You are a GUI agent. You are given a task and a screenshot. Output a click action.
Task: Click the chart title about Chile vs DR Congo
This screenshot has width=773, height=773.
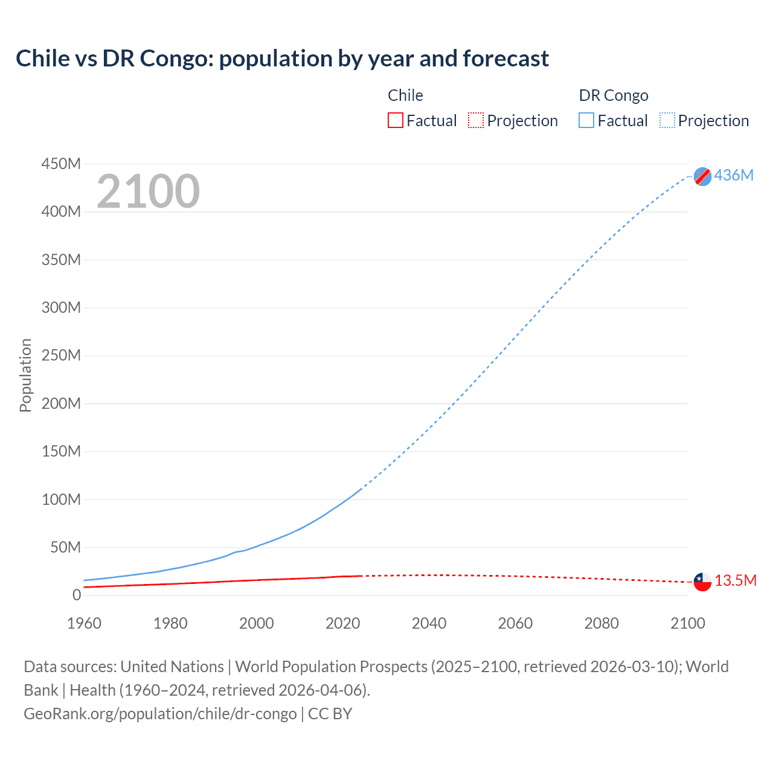pyautogui.click(x=282, y=59)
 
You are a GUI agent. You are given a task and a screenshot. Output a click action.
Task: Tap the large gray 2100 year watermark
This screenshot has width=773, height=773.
pyautogui.click(x=148, y=191)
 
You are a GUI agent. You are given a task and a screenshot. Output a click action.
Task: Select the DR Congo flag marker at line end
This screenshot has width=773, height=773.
pyautogui.click(x=702, y=176)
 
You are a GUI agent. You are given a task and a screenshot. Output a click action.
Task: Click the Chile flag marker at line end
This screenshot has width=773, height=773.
pyautogui.click(x=702, y=582)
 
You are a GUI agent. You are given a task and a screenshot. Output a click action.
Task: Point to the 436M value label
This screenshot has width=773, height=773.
pyautogui.click(x=734, y=175)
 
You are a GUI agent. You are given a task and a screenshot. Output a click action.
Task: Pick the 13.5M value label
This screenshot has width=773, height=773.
pyautogui.click(x=735, y=580)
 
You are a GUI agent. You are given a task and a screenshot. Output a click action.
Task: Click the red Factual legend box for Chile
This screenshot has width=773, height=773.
pyautogui.click(x=395, y=121)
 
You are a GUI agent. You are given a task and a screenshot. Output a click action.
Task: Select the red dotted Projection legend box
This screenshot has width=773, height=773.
pyautogui.click(x=476, y=121)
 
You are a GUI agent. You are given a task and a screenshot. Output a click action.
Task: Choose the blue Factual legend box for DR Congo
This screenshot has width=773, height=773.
pyautogui.click(x=586, y=121)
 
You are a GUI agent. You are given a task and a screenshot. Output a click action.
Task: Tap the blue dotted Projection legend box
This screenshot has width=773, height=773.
pyautogui.click(x=667, y=121)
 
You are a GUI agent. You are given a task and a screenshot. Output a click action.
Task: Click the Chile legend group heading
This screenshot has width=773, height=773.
pyautogui.click(x=405, y=95)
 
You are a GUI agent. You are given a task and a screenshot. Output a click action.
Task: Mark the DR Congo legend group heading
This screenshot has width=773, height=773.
pyautogui.click(x=613, y=95)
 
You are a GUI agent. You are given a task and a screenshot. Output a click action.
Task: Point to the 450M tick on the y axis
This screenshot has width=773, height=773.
pyautogui.click(x=61, y=164)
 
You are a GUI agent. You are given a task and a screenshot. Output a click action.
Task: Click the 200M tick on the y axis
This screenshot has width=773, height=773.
pyautogui.click(x=61, y=403)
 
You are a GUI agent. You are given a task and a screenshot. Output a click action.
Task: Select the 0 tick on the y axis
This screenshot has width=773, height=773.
pyautogui.click(x=76, y=595)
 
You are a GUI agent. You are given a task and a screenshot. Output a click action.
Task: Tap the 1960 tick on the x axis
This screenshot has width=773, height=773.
pyautogui.click(x=84, y=623)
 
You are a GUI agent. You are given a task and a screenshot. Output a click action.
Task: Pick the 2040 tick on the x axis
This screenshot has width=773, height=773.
pyautogui.click(x=429, y=623)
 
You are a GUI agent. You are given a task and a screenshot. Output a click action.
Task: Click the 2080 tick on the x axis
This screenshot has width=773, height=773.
pyautogui.click(x=601, y=623)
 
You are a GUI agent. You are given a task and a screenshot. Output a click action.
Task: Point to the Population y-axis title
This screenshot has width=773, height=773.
pyautogui.click(x=25, y=375)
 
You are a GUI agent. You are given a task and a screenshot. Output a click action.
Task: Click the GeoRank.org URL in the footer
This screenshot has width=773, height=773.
pyautogui.click(x=160, y=714)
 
